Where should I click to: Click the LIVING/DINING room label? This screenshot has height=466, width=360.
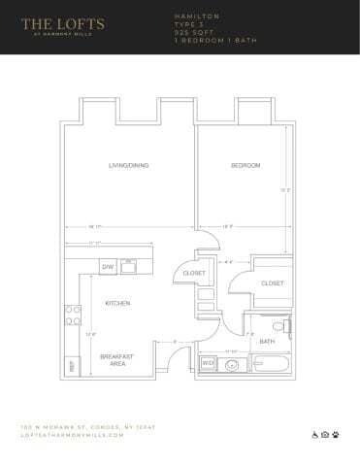pyautogui.click(x=127, y=166)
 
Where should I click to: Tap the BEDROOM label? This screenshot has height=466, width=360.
pyautogui.click(x=245, y=166)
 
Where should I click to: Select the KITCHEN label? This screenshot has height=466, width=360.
pyautogui.click(x=117, y=304)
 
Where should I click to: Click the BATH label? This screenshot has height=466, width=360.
pyautogui.click(x=267, y=341)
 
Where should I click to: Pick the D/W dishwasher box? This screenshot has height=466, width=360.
pyautogui.click(x=109, y=266)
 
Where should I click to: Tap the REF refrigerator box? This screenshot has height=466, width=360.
pyautogui.click(x=70, y=366)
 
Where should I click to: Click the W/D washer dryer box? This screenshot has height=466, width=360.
pyautogui.click(x=207, y=365)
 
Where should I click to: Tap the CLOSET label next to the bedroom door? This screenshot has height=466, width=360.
pyautogui.click(x=193, y=274)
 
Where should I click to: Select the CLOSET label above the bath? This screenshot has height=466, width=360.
pyautogui.click(x=273, y=283)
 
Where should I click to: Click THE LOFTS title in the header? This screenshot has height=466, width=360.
pyautogui.click(x=63, y=19)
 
